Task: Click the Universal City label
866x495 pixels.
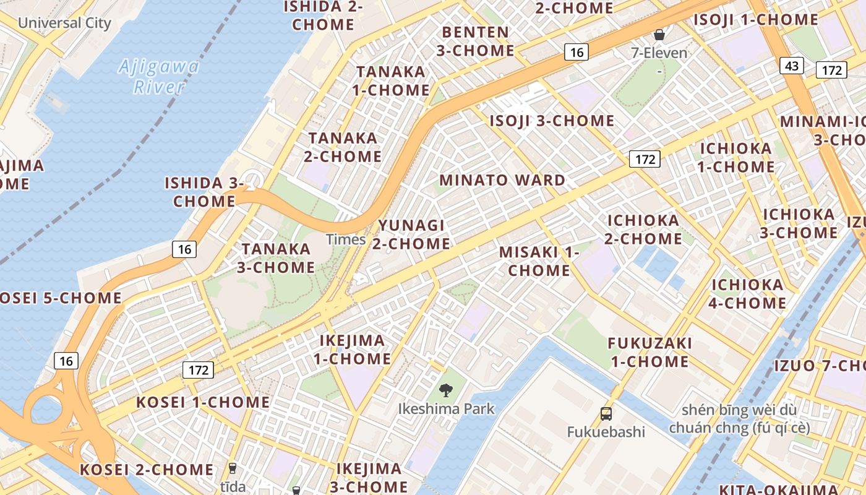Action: pos(64,24)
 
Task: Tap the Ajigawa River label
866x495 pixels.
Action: pos(159,76)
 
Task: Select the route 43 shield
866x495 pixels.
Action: pos(792,66)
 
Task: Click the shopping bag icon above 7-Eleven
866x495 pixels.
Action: pos(659,35)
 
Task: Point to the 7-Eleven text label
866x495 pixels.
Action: pos(659,53)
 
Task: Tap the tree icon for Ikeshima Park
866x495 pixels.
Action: pos(445,390)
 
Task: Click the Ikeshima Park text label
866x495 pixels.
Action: pos(447,409)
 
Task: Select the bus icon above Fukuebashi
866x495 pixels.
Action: pos(606,413)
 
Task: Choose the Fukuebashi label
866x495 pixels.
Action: pos(606,432)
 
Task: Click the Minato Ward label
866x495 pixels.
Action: pos(502,181)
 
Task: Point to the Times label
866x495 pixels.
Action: pos(346,239)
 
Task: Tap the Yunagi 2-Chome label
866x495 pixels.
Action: pos(411,235)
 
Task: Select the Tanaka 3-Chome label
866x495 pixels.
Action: pos(277,258)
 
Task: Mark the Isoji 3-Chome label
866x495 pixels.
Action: pos(552,121)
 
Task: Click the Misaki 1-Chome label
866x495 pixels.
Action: pos(539,261)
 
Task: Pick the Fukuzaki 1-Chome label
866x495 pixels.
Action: pos(649,352)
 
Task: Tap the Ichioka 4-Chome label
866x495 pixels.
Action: pos(748,294)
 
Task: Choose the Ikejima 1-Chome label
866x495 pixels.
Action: pos(352,350)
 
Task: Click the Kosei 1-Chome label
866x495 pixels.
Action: pos(203,402)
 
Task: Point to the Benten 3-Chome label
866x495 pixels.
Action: pos(476,41)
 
